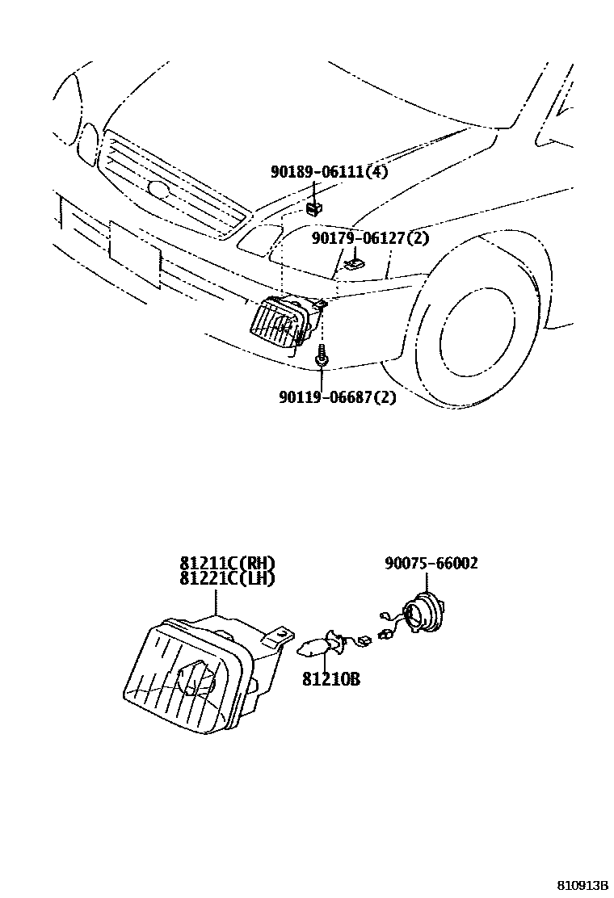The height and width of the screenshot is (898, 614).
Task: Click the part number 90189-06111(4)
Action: [x=328, y=172]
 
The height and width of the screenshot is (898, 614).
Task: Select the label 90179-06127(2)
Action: [x=370, y=238]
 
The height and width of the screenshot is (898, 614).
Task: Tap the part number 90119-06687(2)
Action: [x=338, y=397]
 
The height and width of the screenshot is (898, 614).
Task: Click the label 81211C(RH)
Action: [x=227, y=564]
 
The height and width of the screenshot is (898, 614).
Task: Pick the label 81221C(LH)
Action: [x=227, y=578]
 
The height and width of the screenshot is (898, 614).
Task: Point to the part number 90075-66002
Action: [x=431, y=563]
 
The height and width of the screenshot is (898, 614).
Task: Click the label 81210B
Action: [x=331, y=680]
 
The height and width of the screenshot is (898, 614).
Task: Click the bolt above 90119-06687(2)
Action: [x=322, y=357]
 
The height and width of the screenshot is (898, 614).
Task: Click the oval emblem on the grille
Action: [x=159, y=191]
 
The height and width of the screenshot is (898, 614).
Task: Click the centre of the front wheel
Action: [x=477, y=319]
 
